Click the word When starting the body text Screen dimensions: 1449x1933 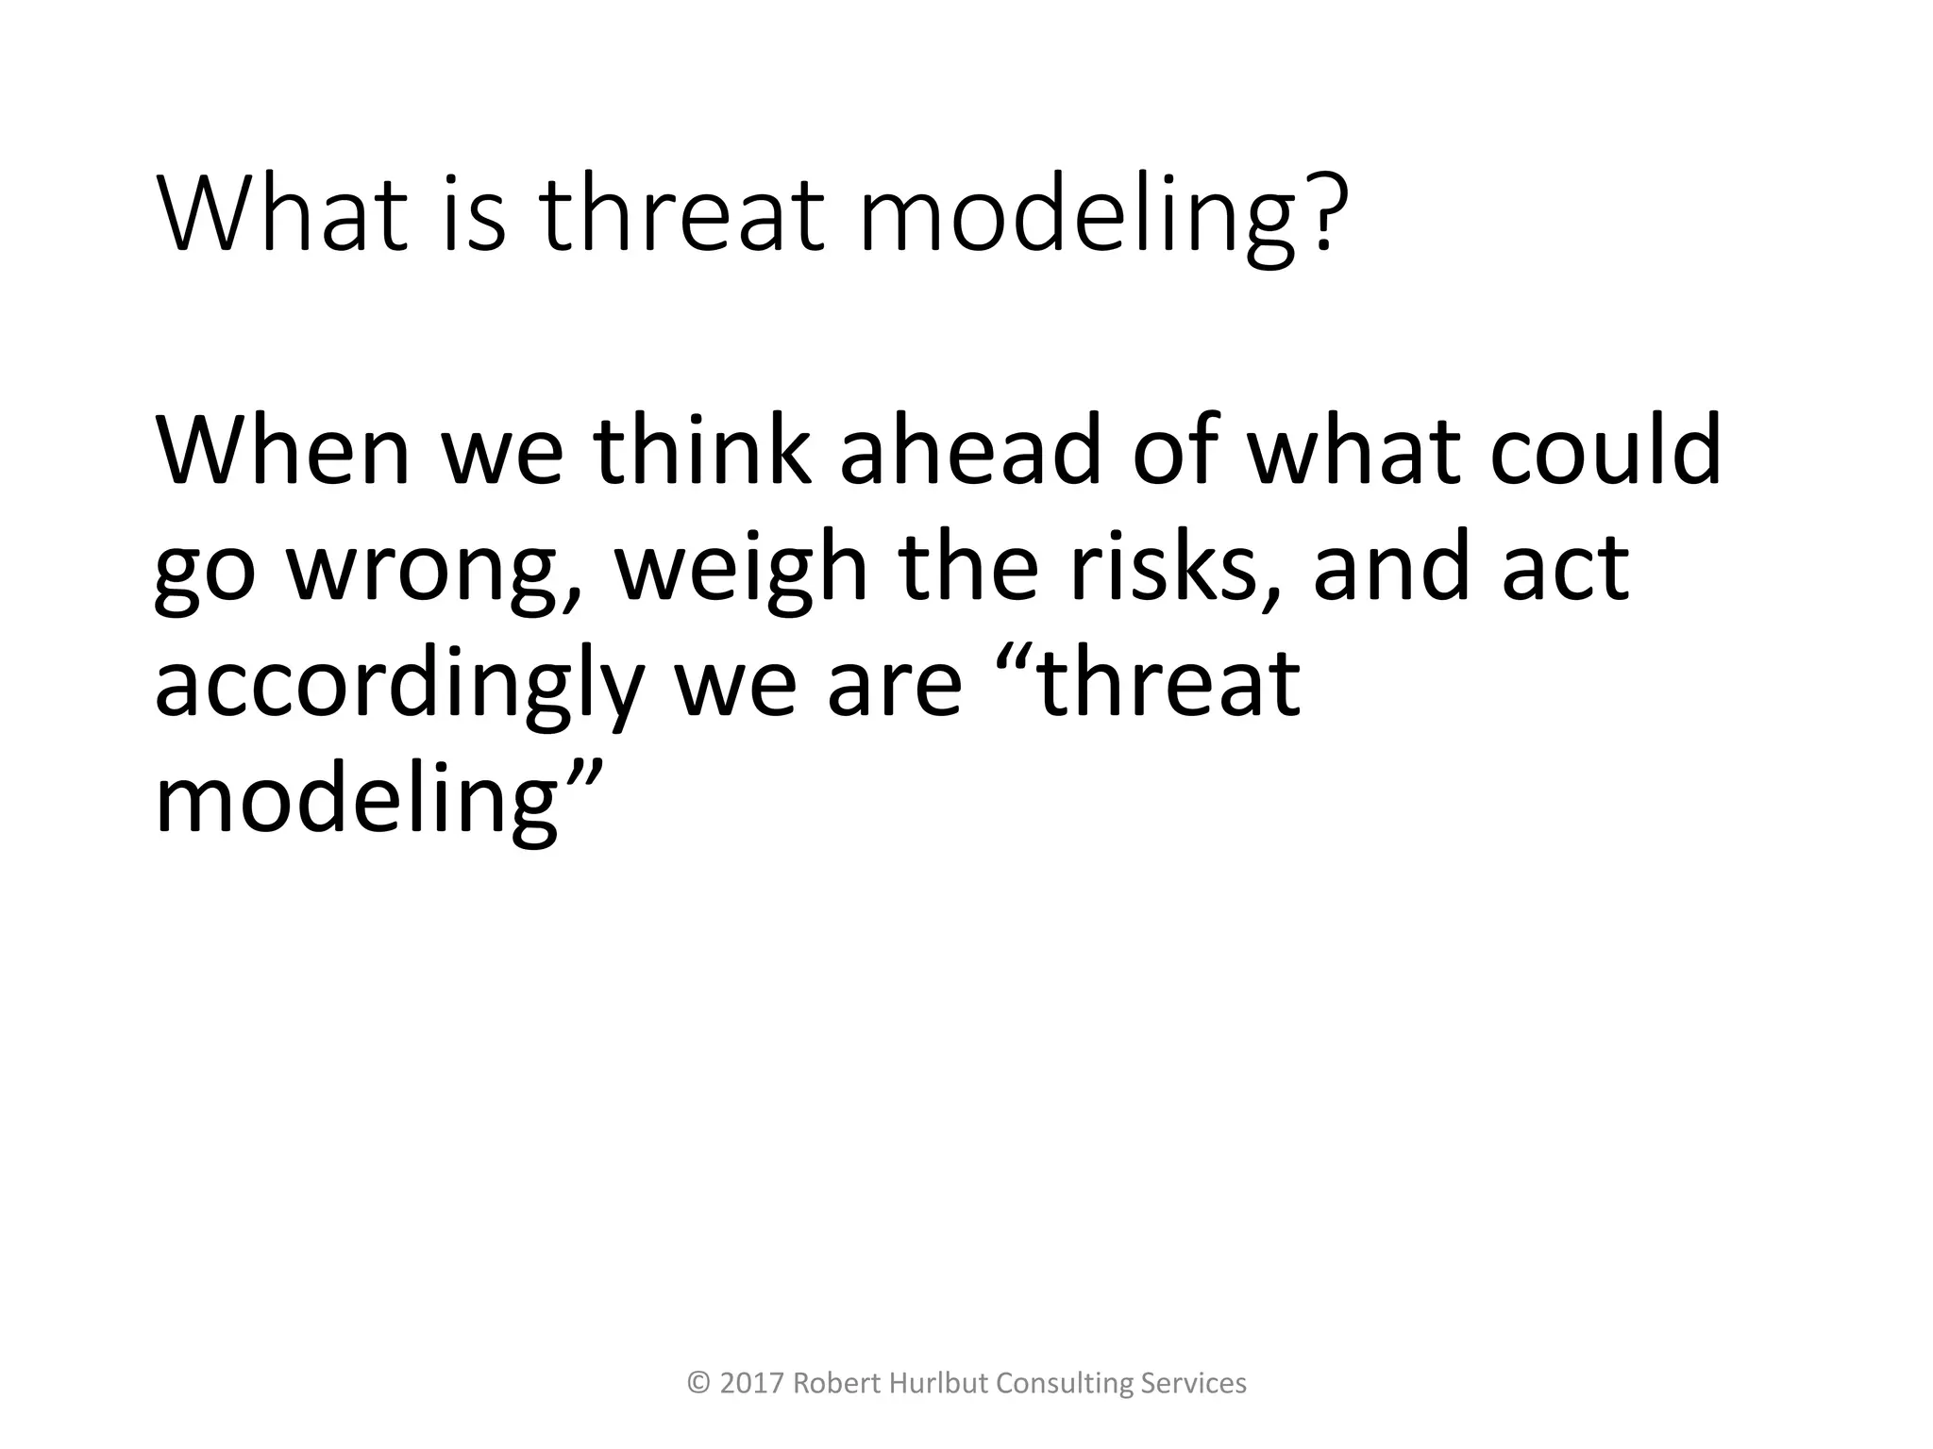284,451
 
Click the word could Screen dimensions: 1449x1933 1605,451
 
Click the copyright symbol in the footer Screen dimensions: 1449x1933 699,1383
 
